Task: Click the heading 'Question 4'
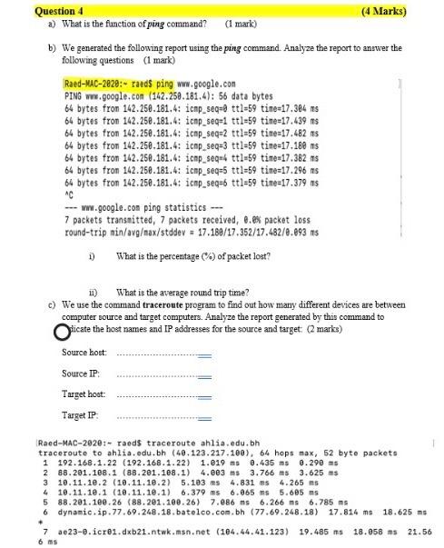[x=31, y=12]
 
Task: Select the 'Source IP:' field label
[x=82, y=374]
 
